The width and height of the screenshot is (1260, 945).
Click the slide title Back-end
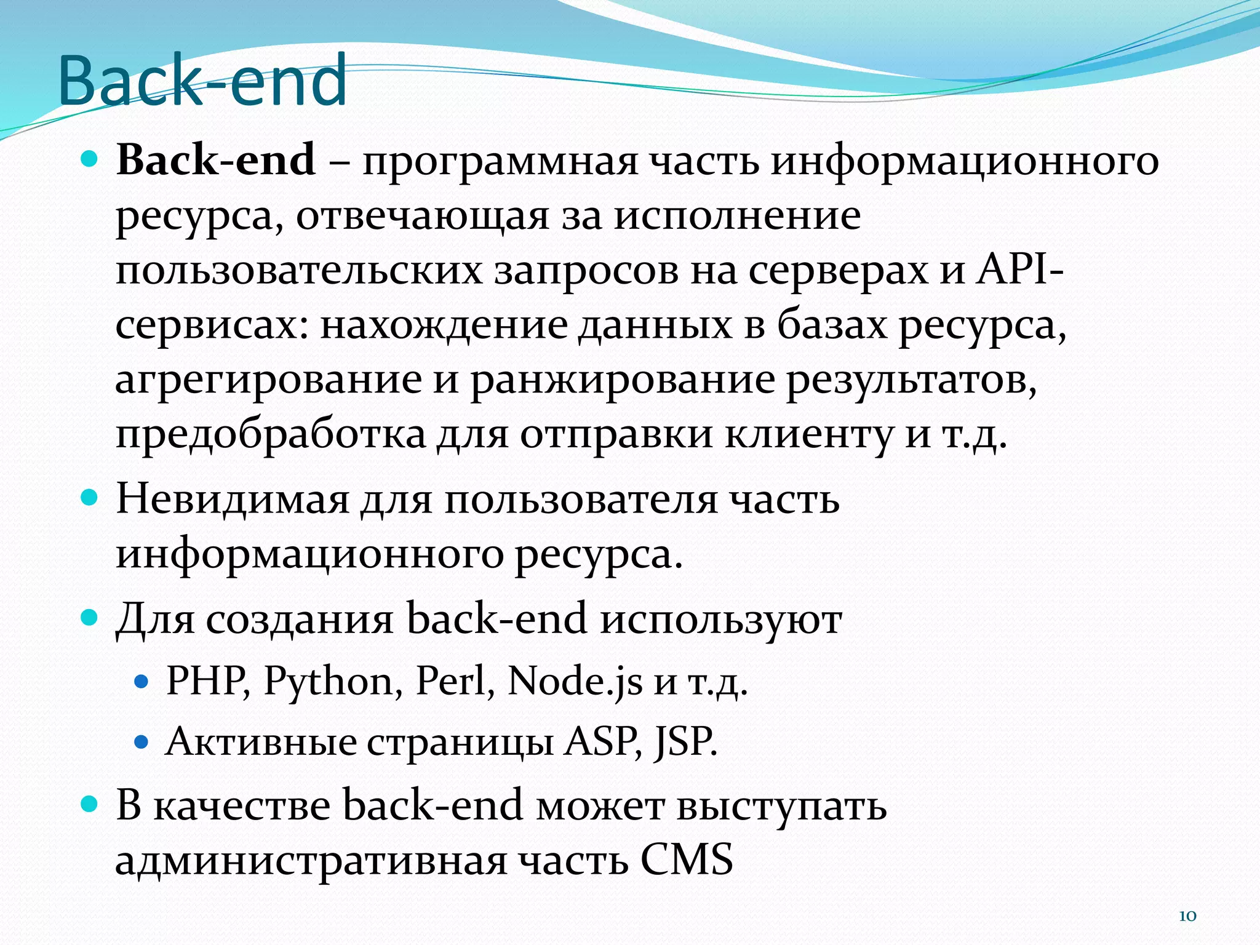pos(203,80)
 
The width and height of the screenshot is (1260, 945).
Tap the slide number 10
pos(1187,916)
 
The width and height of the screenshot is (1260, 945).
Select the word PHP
pos(206,682)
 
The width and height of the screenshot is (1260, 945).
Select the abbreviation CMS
pos(687,859)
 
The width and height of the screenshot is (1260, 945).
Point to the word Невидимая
pos(233,499)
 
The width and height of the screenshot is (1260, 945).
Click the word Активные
pos(261,742)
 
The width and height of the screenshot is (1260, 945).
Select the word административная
pos(311,861)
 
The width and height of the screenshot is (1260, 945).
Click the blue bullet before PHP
pos(142,682)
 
